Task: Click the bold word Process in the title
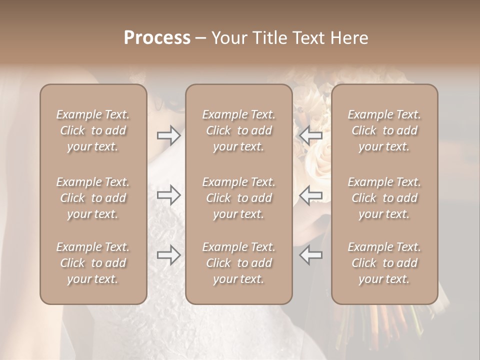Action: point(157,38)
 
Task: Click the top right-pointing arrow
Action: point(168,135)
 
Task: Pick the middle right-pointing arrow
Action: point(168,195)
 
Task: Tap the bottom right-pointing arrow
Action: point(168,255)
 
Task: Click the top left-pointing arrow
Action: point(310,135)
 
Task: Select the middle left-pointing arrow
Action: point(310,195)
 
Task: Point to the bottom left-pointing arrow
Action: point(310,255)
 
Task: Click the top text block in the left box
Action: point(93,130)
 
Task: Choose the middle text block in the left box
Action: point(93,198)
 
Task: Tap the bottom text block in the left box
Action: point(93,263)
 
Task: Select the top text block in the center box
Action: point(239,130)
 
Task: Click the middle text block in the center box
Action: point(239,198)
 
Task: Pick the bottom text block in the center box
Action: point(239,263)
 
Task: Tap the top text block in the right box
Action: point(384,130)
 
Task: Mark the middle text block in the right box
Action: point(384,198)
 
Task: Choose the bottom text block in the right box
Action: point(384,263)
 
